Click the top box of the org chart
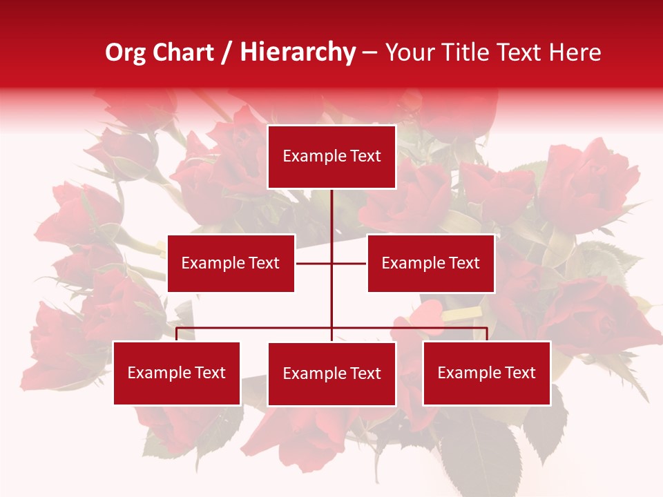(331, 157)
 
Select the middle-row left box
(231, 263)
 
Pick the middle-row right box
(430, 263)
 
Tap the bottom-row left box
(177, 373)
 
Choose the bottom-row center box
(331, 373)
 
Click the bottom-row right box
(487, 373)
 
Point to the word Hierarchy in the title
(298, 52)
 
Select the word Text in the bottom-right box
(519, 373)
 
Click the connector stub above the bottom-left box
(177, 334)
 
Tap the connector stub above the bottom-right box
(487, 334)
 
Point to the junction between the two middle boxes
(331, 263)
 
